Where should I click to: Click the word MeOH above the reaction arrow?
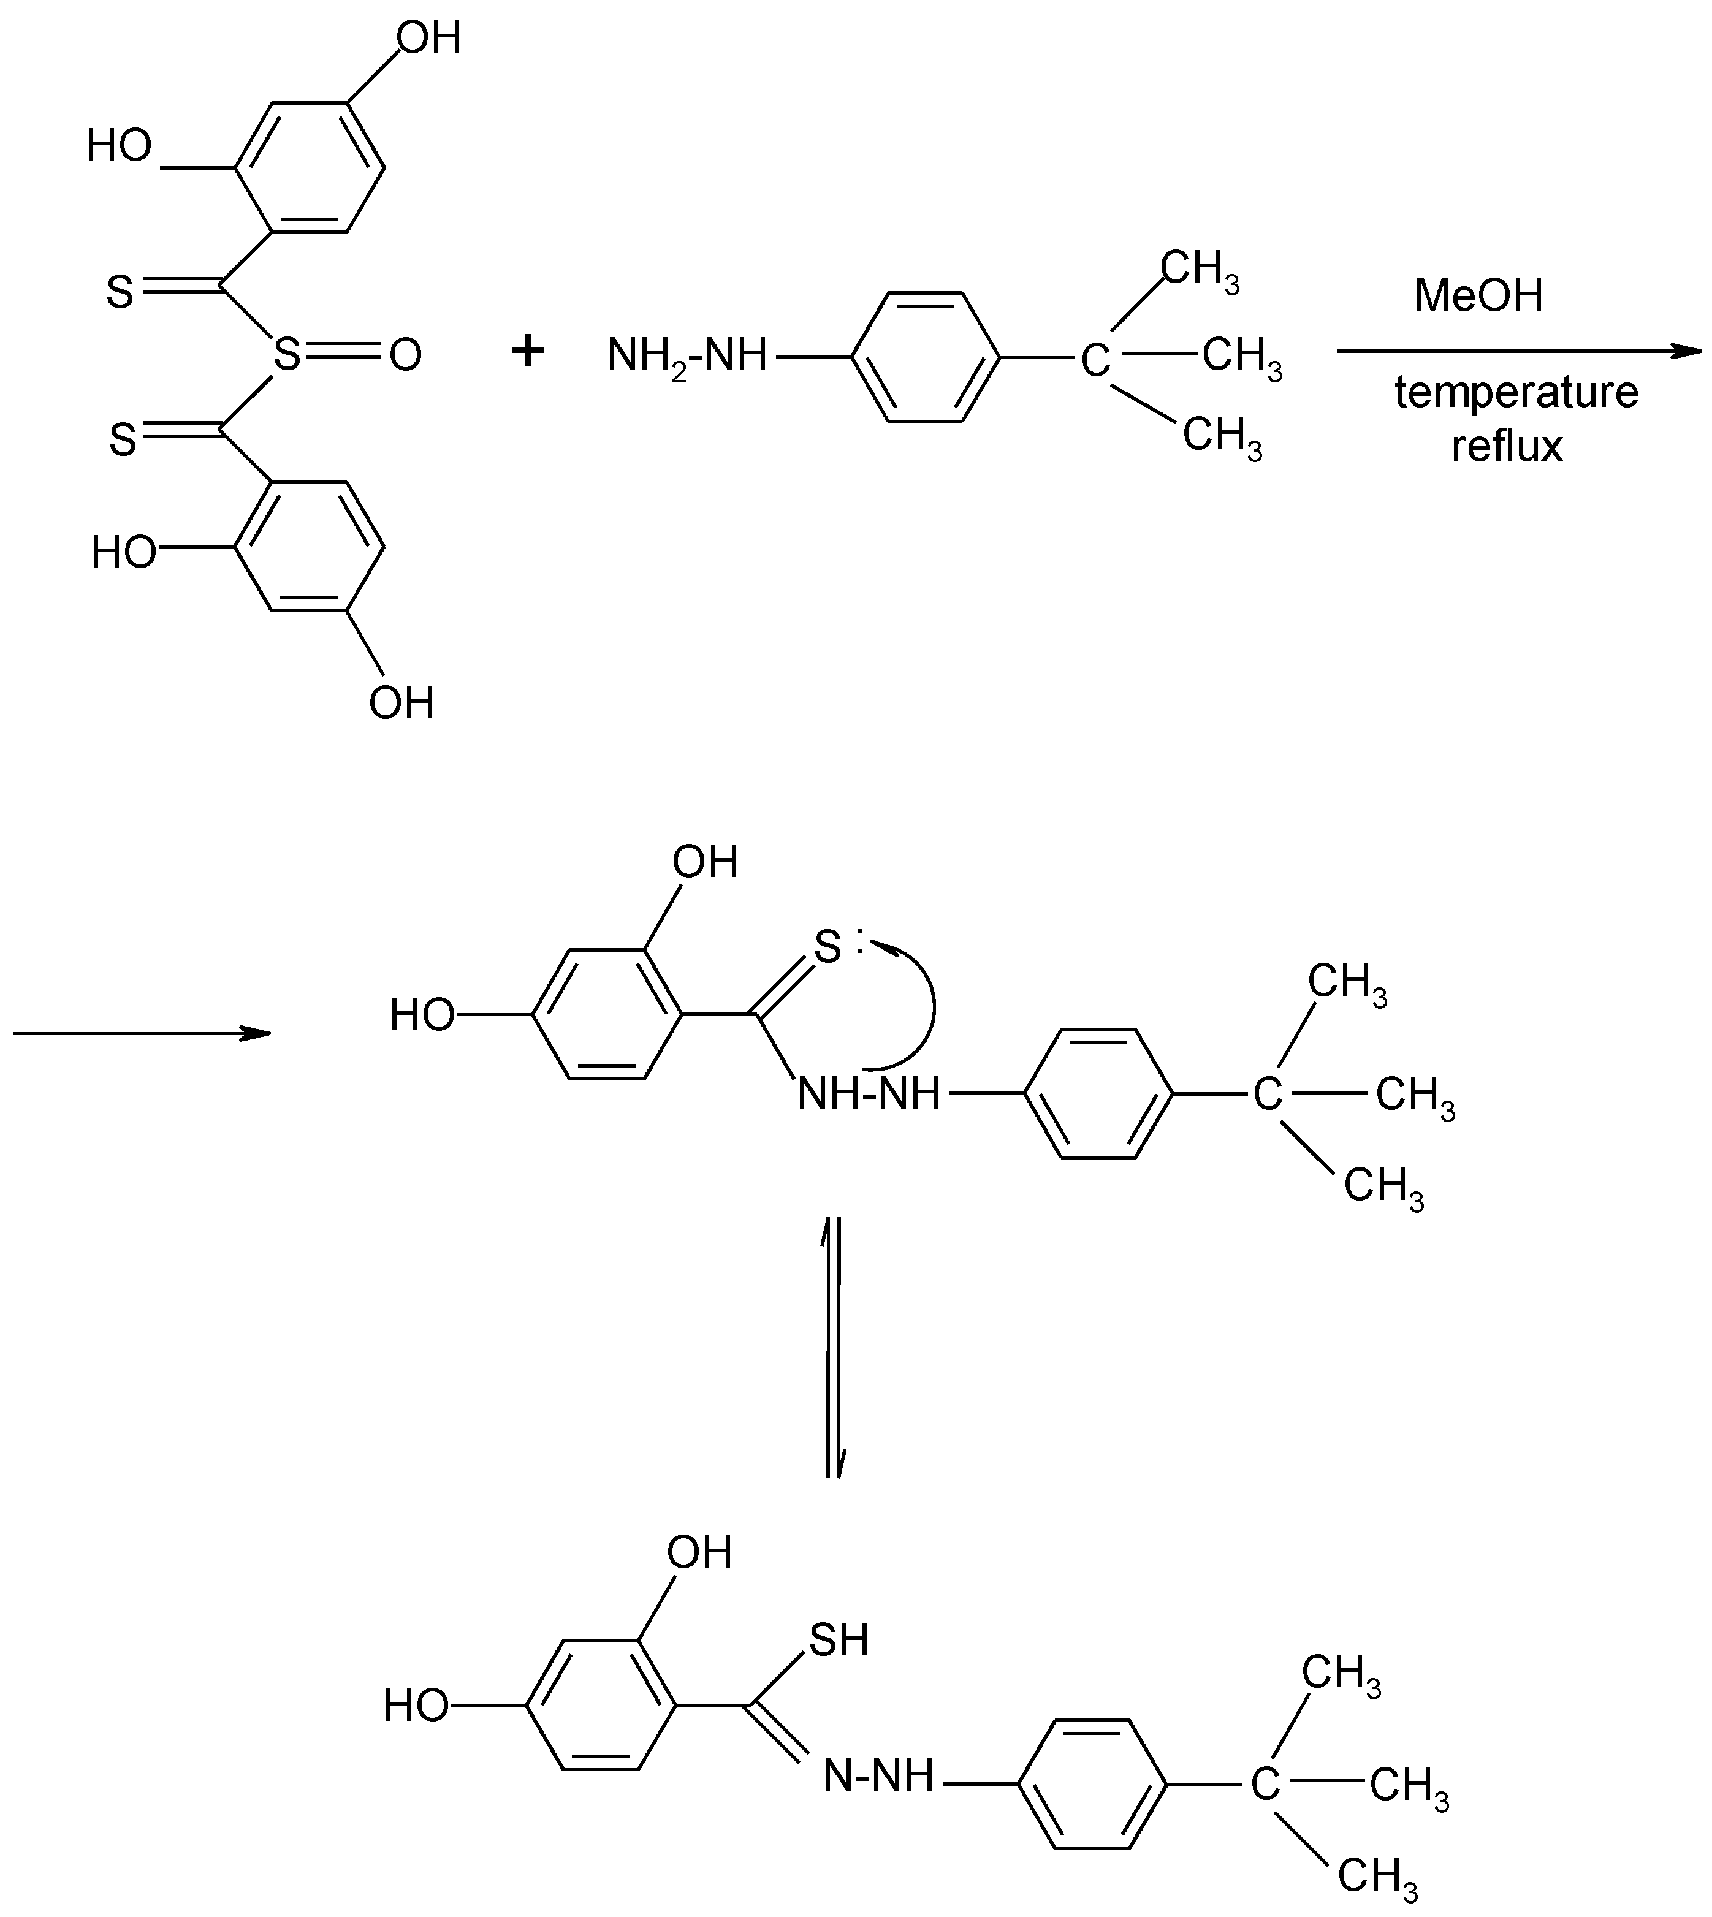[1478, 296]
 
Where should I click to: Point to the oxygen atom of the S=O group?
[405, 357]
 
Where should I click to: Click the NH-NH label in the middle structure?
[868, 1094]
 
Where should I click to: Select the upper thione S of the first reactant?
[120, 292]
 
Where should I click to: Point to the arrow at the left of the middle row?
[141, 1034]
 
